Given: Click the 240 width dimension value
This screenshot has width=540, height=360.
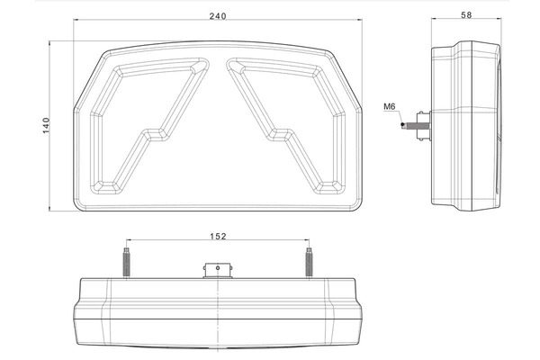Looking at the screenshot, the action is pos(218,16).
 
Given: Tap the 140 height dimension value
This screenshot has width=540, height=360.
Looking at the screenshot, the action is pos(46,126).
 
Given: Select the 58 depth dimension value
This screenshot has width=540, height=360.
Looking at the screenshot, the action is pos(466,14).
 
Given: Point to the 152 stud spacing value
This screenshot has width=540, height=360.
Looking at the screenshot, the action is pos(219,237).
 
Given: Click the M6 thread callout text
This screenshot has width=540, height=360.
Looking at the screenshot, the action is pos(390,107).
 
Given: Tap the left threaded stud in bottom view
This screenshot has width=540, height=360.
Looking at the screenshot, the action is pos(126,263).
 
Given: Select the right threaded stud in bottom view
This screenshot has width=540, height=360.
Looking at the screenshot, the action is pos(309,263).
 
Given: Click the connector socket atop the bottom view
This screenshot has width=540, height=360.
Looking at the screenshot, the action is pos(218,271).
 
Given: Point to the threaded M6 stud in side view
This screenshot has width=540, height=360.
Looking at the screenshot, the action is pos(411,125).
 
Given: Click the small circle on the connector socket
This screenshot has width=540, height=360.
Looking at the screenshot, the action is pos(218,267).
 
